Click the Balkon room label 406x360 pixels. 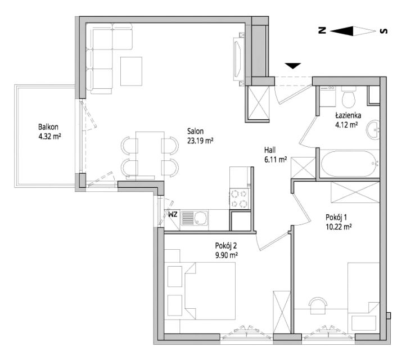[x=48, y=127]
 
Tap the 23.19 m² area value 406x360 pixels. [x=200, y=141]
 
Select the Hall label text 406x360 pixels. [x=270, y=150]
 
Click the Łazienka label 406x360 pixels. [x=348, y=115]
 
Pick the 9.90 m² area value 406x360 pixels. [x=227, y=255]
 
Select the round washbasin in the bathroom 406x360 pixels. [x=373, y=130]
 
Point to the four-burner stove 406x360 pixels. [x=240, y=199]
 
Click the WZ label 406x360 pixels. [x=173, y=214]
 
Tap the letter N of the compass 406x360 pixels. [x=322, y=30]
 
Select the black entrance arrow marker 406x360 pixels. [x=293, y=66]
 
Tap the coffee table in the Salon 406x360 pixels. [x=131, y=71]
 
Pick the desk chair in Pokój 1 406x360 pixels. [x=318, y=303]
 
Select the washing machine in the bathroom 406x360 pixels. [x=327, y=96]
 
